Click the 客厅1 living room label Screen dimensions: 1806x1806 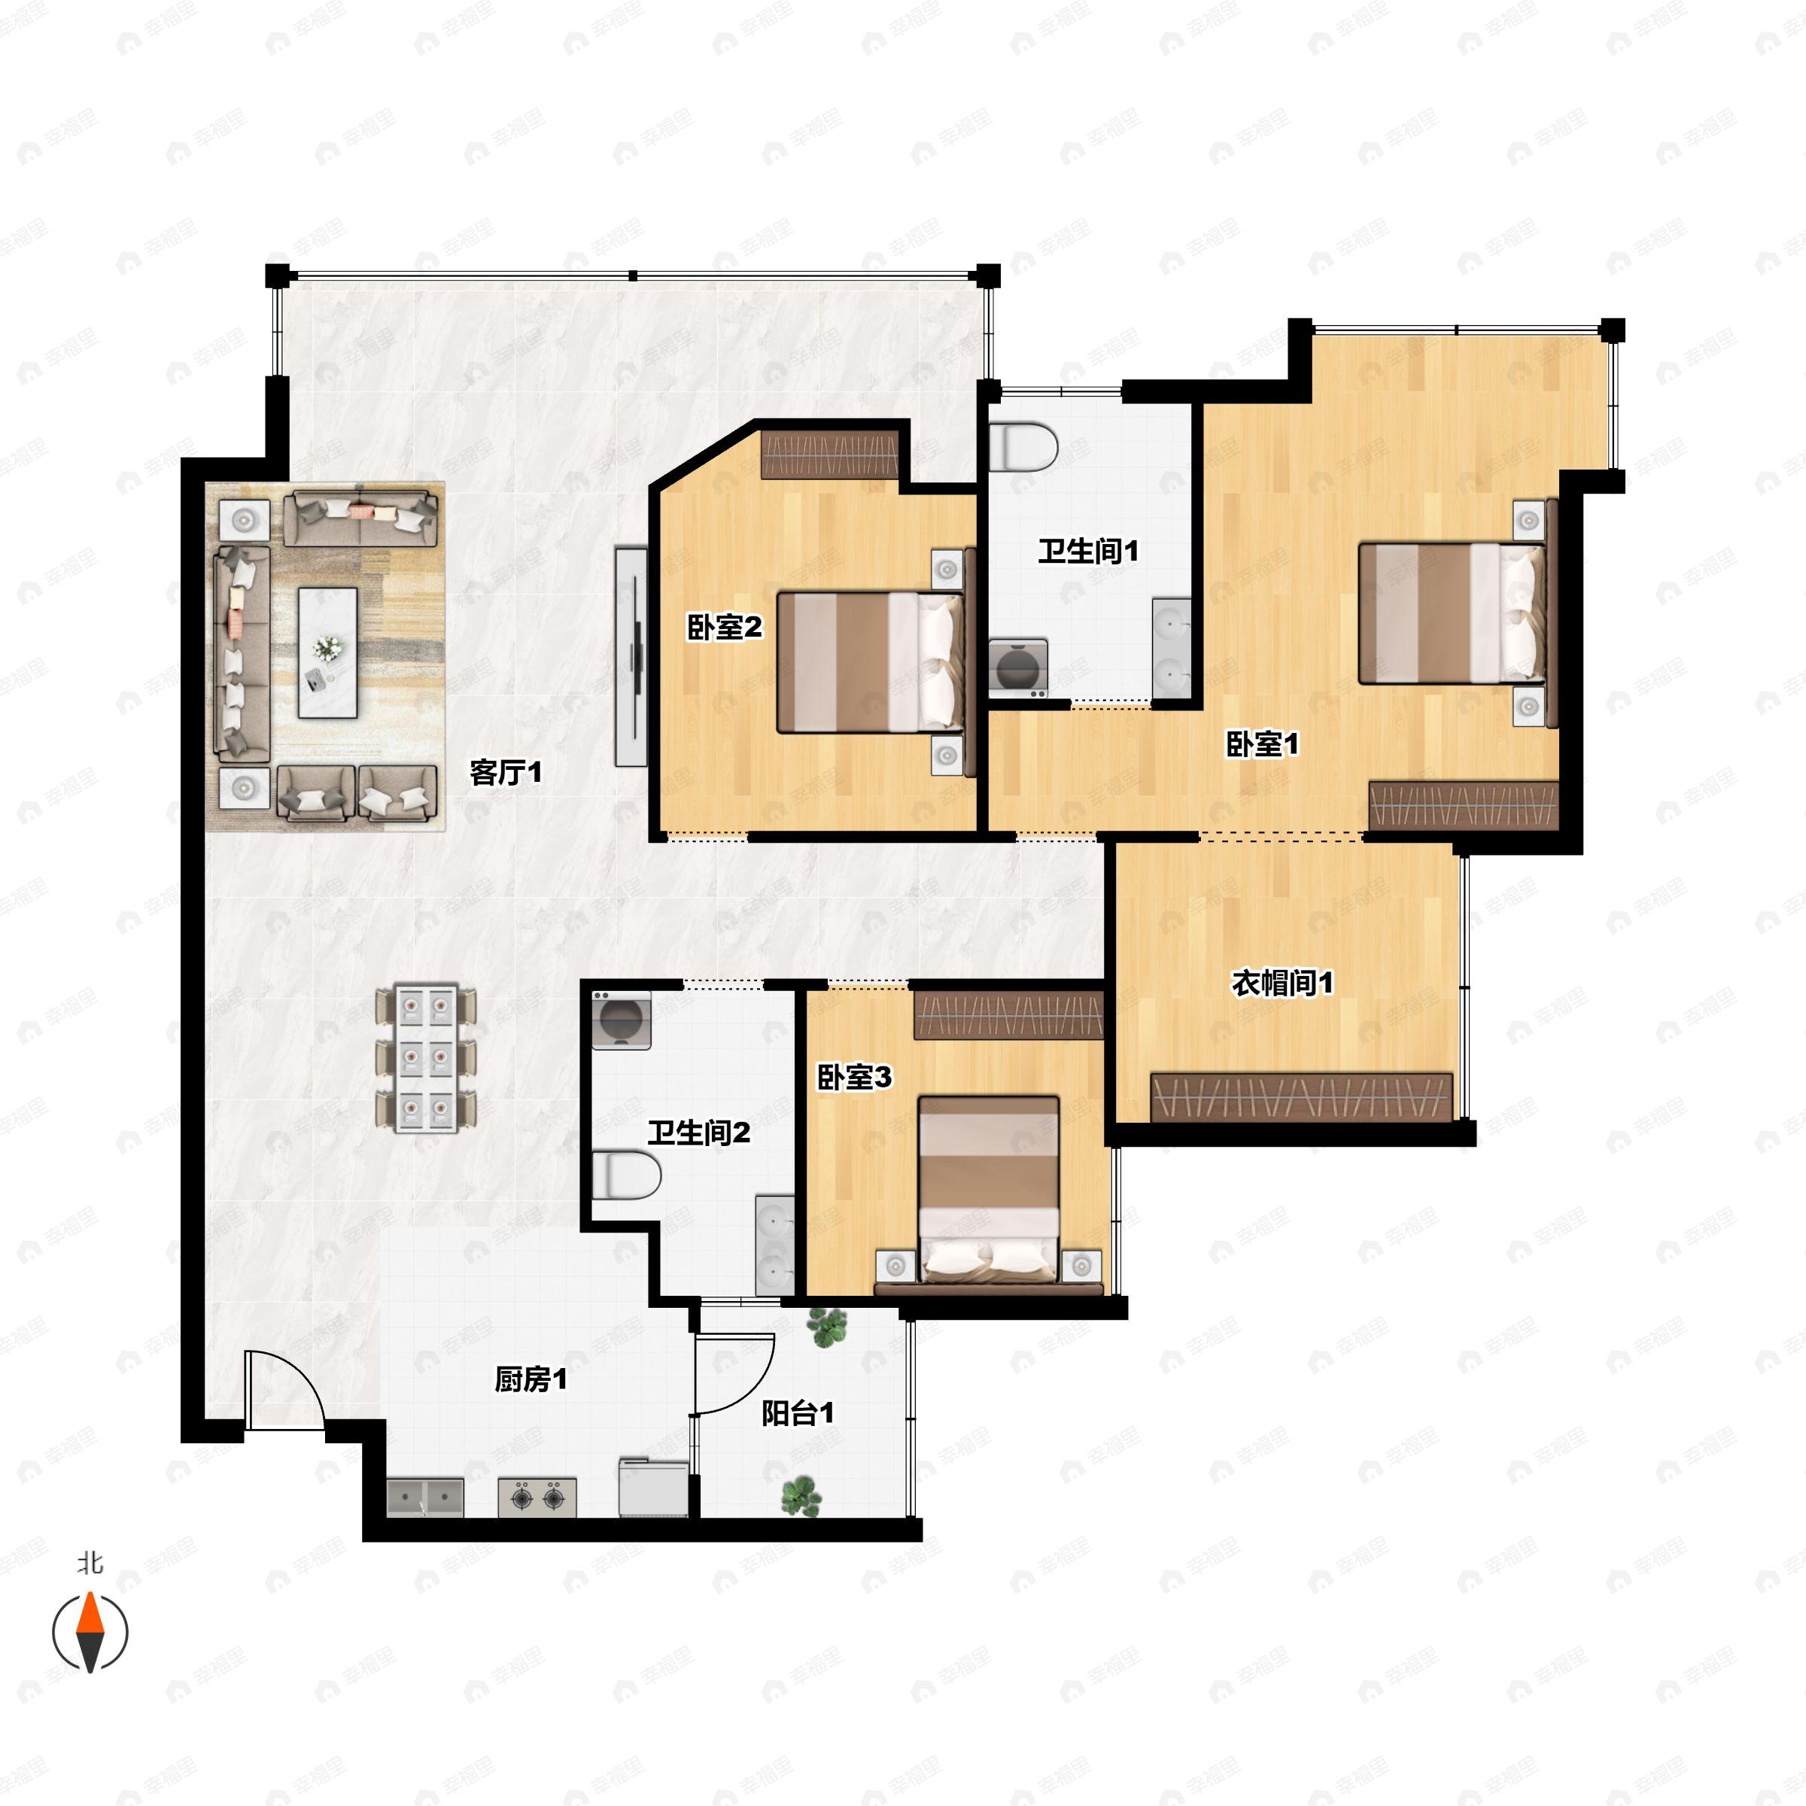(506, 773)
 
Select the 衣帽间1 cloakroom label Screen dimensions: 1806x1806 (1282, 983)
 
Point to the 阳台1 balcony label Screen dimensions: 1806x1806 (798, 1412)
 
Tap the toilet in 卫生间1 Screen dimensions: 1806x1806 (1023, 446)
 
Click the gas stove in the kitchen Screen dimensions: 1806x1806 (537, 1497)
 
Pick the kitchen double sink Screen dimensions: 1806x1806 (424, 1497)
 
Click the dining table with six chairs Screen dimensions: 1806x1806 (426, 1057)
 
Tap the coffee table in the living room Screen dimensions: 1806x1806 (327, 652)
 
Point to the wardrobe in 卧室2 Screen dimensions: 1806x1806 (830, 455)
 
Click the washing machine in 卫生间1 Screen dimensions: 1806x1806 (1018, 667)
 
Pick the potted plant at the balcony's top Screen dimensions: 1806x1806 (825, 1327)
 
